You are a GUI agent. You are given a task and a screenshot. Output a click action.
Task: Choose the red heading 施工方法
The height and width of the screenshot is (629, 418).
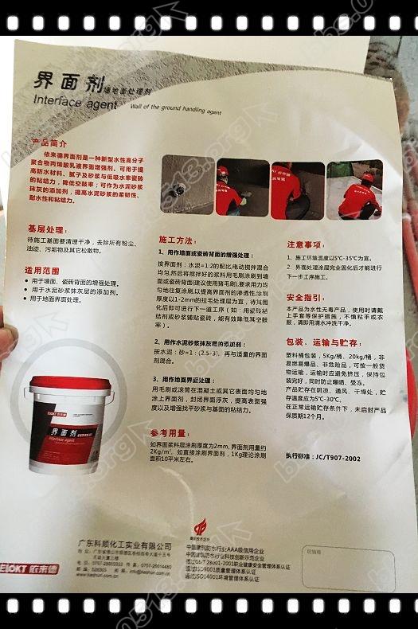pos(176,239)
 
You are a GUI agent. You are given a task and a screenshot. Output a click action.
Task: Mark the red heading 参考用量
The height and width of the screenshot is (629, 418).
pos(168,432)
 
